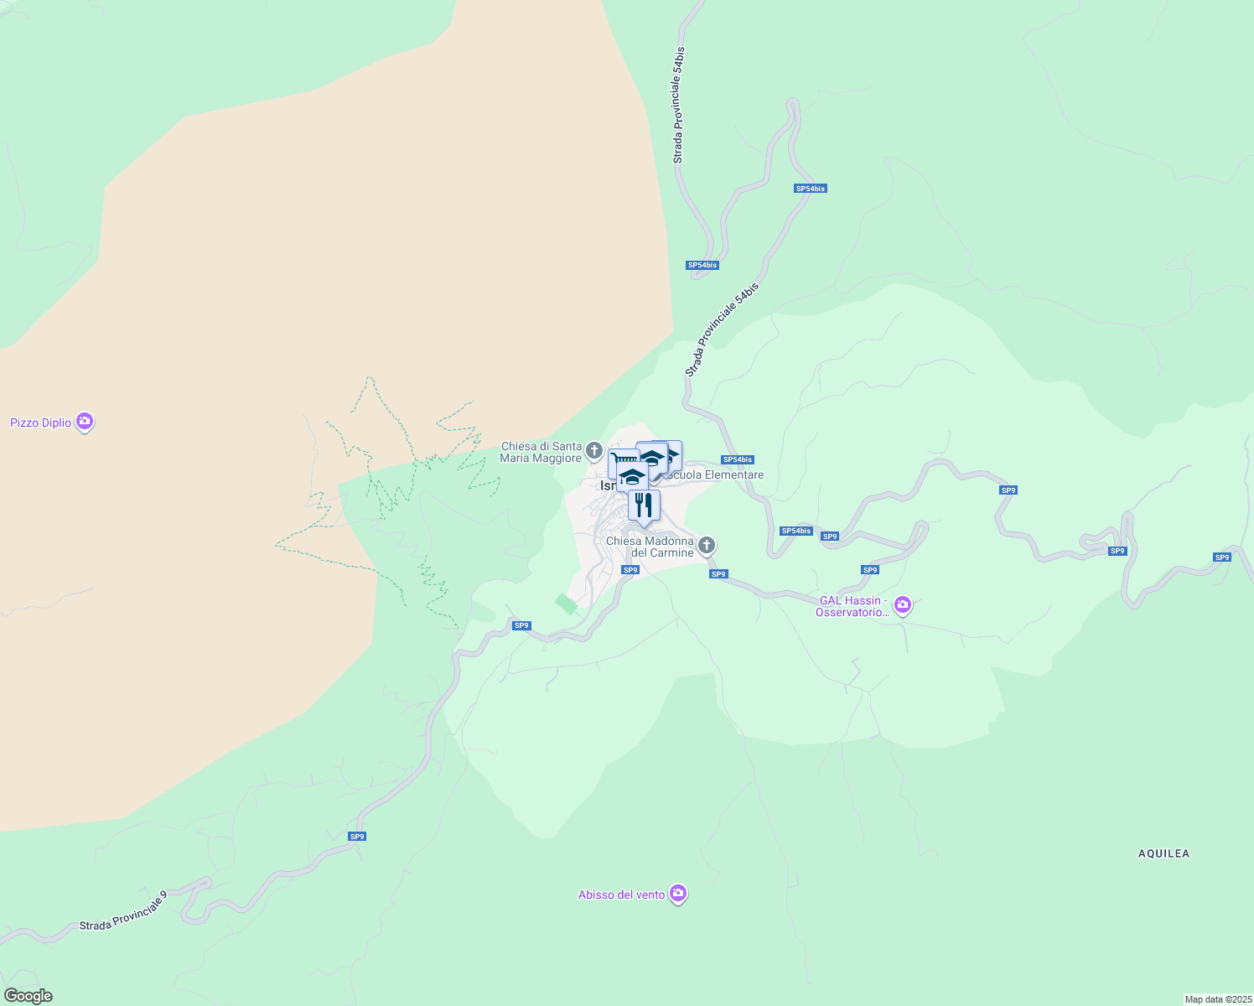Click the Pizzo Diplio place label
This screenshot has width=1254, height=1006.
point(41,423)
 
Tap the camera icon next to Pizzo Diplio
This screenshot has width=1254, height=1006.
point(85,422)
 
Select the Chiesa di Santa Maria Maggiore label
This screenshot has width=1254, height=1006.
point(541,453)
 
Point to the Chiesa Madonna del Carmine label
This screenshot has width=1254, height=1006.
point(650,547)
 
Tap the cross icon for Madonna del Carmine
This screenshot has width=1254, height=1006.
point(707,546)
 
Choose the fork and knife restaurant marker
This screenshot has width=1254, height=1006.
point(644,505)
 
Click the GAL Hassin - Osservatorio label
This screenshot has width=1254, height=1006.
point(852,606)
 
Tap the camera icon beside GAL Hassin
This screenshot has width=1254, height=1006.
point(902,604)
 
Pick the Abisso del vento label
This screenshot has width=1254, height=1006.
point(621,895)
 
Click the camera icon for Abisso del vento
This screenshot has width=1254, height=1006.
point(679,894)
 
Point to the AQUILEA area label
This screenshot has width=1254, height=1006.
point(1163,853)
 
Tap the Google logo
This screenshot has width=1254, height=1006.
point(28,996)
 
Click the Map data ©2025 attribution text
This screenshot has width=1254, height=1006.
point(1217,999)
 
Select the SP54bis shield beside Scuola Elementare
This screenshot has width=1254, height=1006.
point(738,459)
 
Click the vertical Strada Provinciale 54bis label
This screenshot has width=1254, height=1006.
point(678,105)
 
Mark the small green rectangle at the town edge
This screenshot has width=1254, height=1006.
point(567,604)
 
